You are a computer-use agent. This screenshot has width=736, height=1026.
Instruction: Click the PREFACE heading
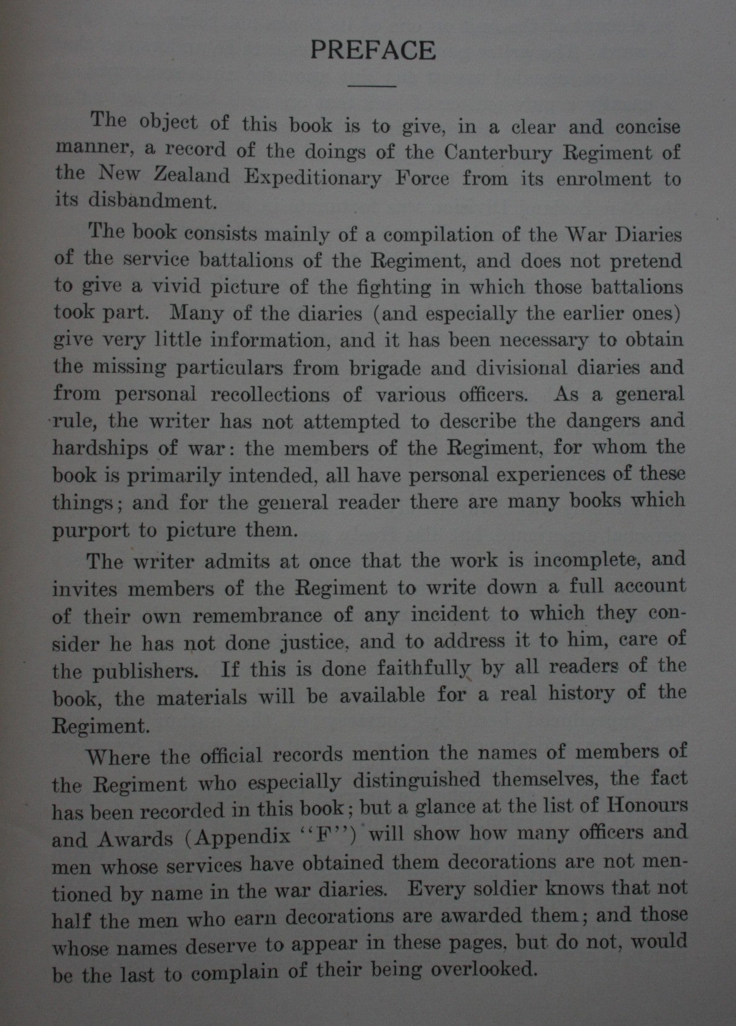pyautogui.click(x=373, y=50)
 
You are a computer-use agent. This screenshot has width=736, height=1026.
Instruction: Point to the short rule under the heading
pyautogui.click(x=373, y=86)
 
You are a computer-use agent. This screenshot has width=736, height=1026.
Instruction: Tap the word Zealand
pyautogui.click(x=187, y=176)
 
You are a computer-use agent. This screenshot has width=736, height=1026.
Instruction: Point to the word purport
pyautogui.click(x=91, y=531)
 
